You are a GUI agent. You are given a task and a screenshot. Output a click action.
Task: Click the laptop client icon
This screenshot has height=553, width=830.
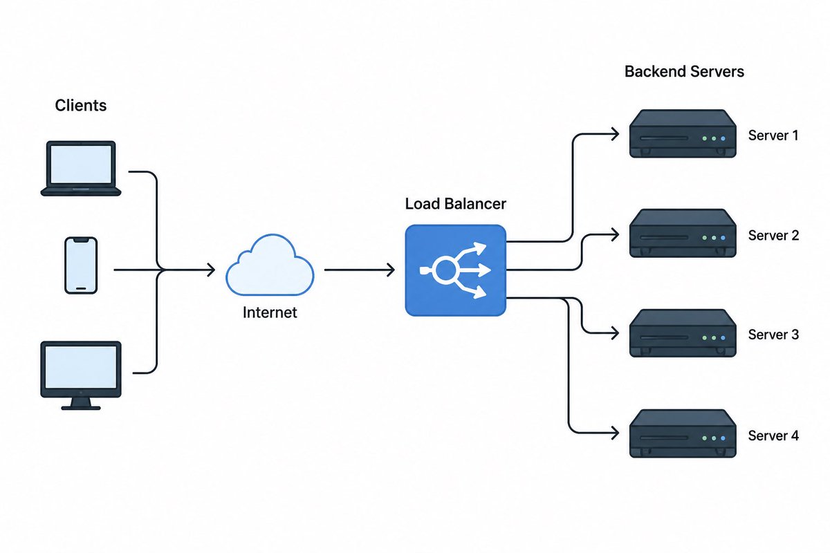(81, 168)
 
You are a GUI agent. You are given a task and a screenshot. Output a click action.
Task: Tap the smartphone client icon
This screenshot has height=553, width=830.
(81, 265)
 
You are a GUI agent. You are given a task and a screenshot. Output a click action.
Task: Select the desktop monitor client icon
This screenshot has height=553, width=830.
(81, 375)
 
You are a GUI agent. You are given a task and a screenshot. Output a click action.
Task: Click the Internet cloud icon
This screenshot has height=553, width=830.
(270, 265)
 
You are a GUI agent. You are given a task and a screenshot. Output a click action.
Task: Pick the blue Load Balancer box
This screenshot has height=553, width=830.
(455, 270)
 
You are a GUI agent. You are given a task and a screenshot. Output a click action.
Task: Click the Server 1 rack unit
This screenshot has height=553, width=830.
(683, 133)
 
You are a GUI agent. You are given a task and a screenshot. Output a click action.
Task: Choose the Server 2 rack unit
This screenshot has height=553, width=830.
(683, 234)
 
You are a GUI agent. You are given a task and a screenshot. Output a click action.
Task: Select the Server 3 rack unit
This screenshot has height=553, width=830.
(683, 333)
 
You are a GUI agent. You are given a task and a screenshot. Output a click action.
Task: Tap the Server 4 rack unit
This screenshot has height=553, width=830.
(683, 433)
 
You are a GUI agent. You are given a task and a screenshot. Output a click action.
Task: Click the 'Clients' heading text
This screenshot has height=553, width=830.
(81, 106)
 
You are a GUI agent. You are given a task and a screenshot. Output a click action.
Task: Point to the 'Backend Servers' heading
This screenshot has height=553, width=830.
(684, 71)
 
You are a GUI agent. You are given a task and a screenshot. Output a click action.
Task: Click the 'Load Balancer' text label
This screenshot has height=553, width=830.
(455, 204)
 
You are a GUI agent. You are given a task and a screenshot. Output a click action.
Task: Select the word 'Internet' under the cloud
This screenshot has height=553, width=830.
(270, 312)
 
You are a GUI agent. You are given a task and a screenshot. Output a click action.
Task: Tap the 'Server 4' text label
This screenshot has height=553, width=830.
(773, 435)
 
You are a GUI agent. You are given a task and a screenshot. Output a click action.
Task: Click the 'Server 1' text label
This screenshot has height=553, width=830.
(773, 135)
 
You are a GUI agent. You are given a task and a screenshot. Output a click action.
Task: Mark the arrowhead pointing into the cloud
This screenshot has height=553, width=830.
(212, 270)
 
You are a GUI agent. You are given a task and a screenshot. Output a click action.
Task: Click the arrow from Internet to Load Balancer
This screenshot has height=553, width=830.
(360, 270)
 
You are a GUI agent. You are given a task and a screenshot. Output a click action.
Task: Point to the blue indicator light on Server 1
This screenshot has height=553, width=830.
(723, 138)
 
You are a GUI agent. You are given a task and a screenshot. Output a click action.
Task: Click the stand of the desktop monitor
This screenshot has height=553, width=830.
(81, 404)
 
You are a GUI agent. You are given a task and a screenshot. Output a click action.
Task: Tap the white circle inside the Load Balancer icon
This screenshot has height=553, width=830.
(445, 270)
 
